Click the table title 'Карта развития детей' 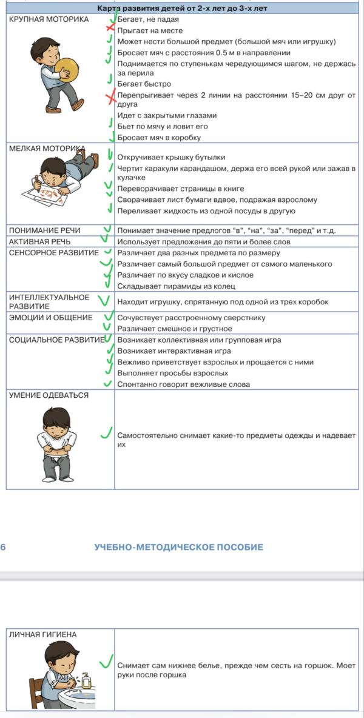coord(182,8)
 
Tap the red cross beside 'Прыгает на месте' coord(110,29)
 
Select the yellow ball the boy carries coord(65,68)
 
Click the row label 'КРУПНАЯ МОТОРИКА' coord(49,19)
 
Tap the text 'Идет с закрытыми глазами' coord(167,115)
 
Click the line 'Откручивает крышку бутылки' coord(171,157)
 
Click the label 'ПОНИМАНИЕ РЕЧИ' coord(44,230)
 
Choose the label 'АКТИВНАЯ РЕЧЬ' coord(39,241)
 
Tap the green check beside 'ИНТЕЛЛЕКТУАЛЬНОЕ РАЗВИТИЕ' coord(104,300)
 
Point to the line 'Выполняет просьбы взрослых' coord(172,373)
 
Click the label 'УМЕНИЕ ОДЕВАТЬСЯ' coord(49,395)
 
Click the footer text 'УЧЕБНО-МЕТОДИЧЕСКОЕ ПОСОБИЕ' coord(178,547)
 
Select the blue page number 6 coord(3,547)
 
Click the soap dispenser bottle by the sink coord(86,680)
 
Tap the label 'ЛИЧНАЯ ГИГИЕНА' coord(42,634)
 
